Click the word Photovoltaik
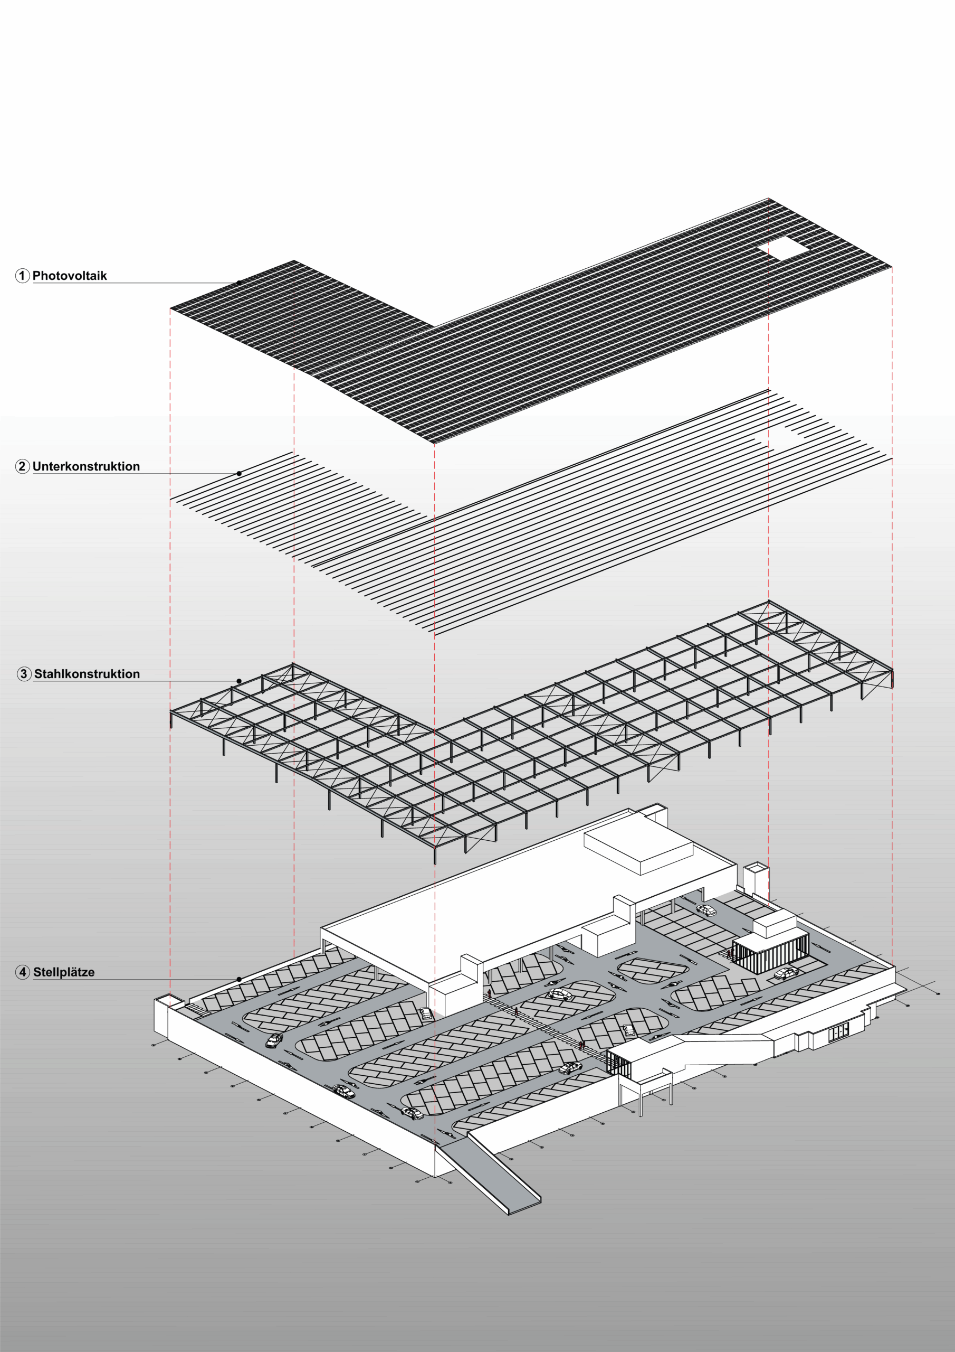pos(70,276)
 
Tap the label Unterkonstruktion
pos(86,466)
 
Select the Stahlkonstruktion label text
pos(87,674)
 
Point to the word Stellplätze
pos(63,972)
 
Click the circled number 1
pos(22,276)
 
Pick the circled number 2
pos(22,466)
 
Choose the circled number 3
pos(24,674)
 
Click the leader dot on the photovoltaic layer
pos(240,283)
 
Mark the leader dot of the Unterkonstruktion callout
pos(240,473)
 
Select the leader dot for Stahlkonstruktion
pos(240,681)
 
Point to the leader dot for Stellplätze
pos(240,979)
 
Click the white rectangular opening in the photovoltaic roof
pos(783,249)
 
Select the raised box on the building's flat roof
pos(638,852)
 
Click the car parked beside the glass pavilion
pos(786,973)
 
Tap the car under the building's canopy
pos(706,910)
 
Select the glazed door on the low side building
pos(838,1030)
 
